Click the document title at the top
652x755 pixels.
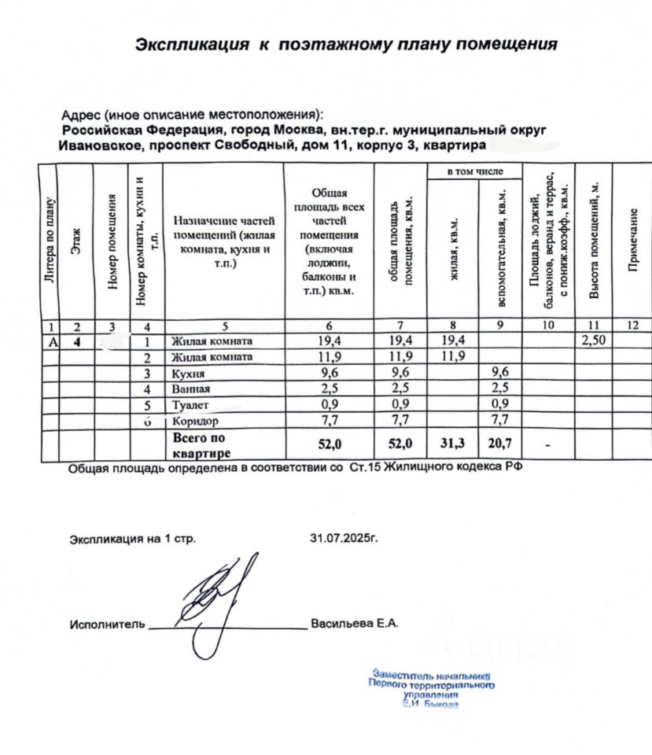click(x=346, y=44)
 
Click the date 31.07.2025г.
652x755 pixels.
click(x=344, y=539)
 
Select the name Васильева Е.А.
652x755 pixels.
click(x=355, y=624)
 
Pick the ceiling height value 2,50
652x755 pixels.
click(x=594, y=341)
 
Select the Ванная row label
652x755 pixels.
click(x=191, y=389)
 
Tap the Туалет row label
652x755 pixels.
click(x=190, y=405)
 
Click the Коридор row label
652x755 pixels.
click(x=193, y=421)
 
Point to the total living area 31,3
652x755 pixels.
click(x=453, y=444)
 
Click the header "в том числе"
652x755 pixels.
click(x=474, y=171)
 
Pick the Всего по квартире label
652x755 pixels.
click(x=200, y=445)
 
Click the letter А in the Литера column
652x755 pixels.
click(x=52, y=341)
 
